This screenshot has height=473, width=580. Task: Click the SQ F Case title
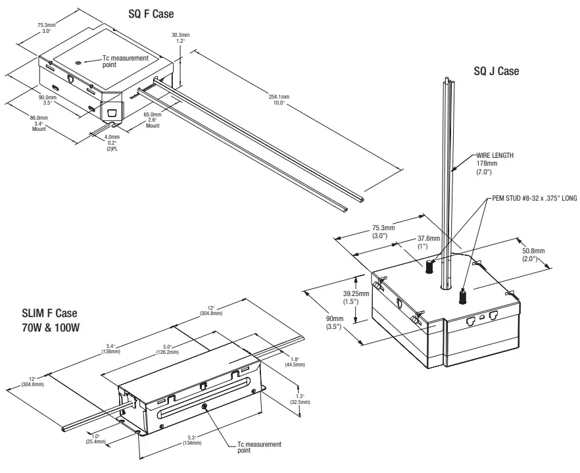click(151, 14)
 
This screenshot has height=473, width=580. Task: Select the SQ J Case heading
click(496, 70)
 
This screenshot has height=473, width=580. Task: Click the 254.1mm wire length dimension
click(279, 99)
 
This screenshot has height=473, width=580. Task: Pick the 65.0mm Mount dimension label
click(153, 117)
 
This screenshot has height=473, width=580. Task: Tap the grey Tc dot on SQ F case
click(79, 61)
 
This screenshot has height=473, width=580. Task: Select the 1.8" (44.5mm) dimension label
click(293, 362)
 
